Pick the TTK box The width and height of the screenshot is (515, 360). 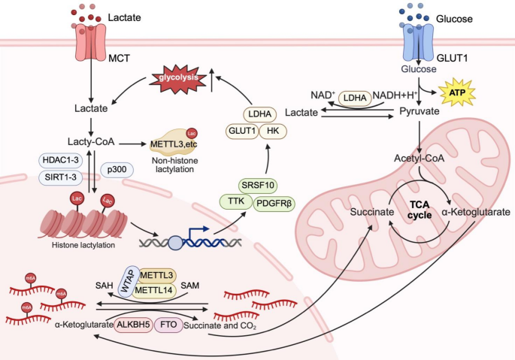pyautogui.click(x=235, y=201)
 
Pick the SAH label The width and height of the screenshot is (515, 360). pyautogui.click(x=103, y=286)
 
